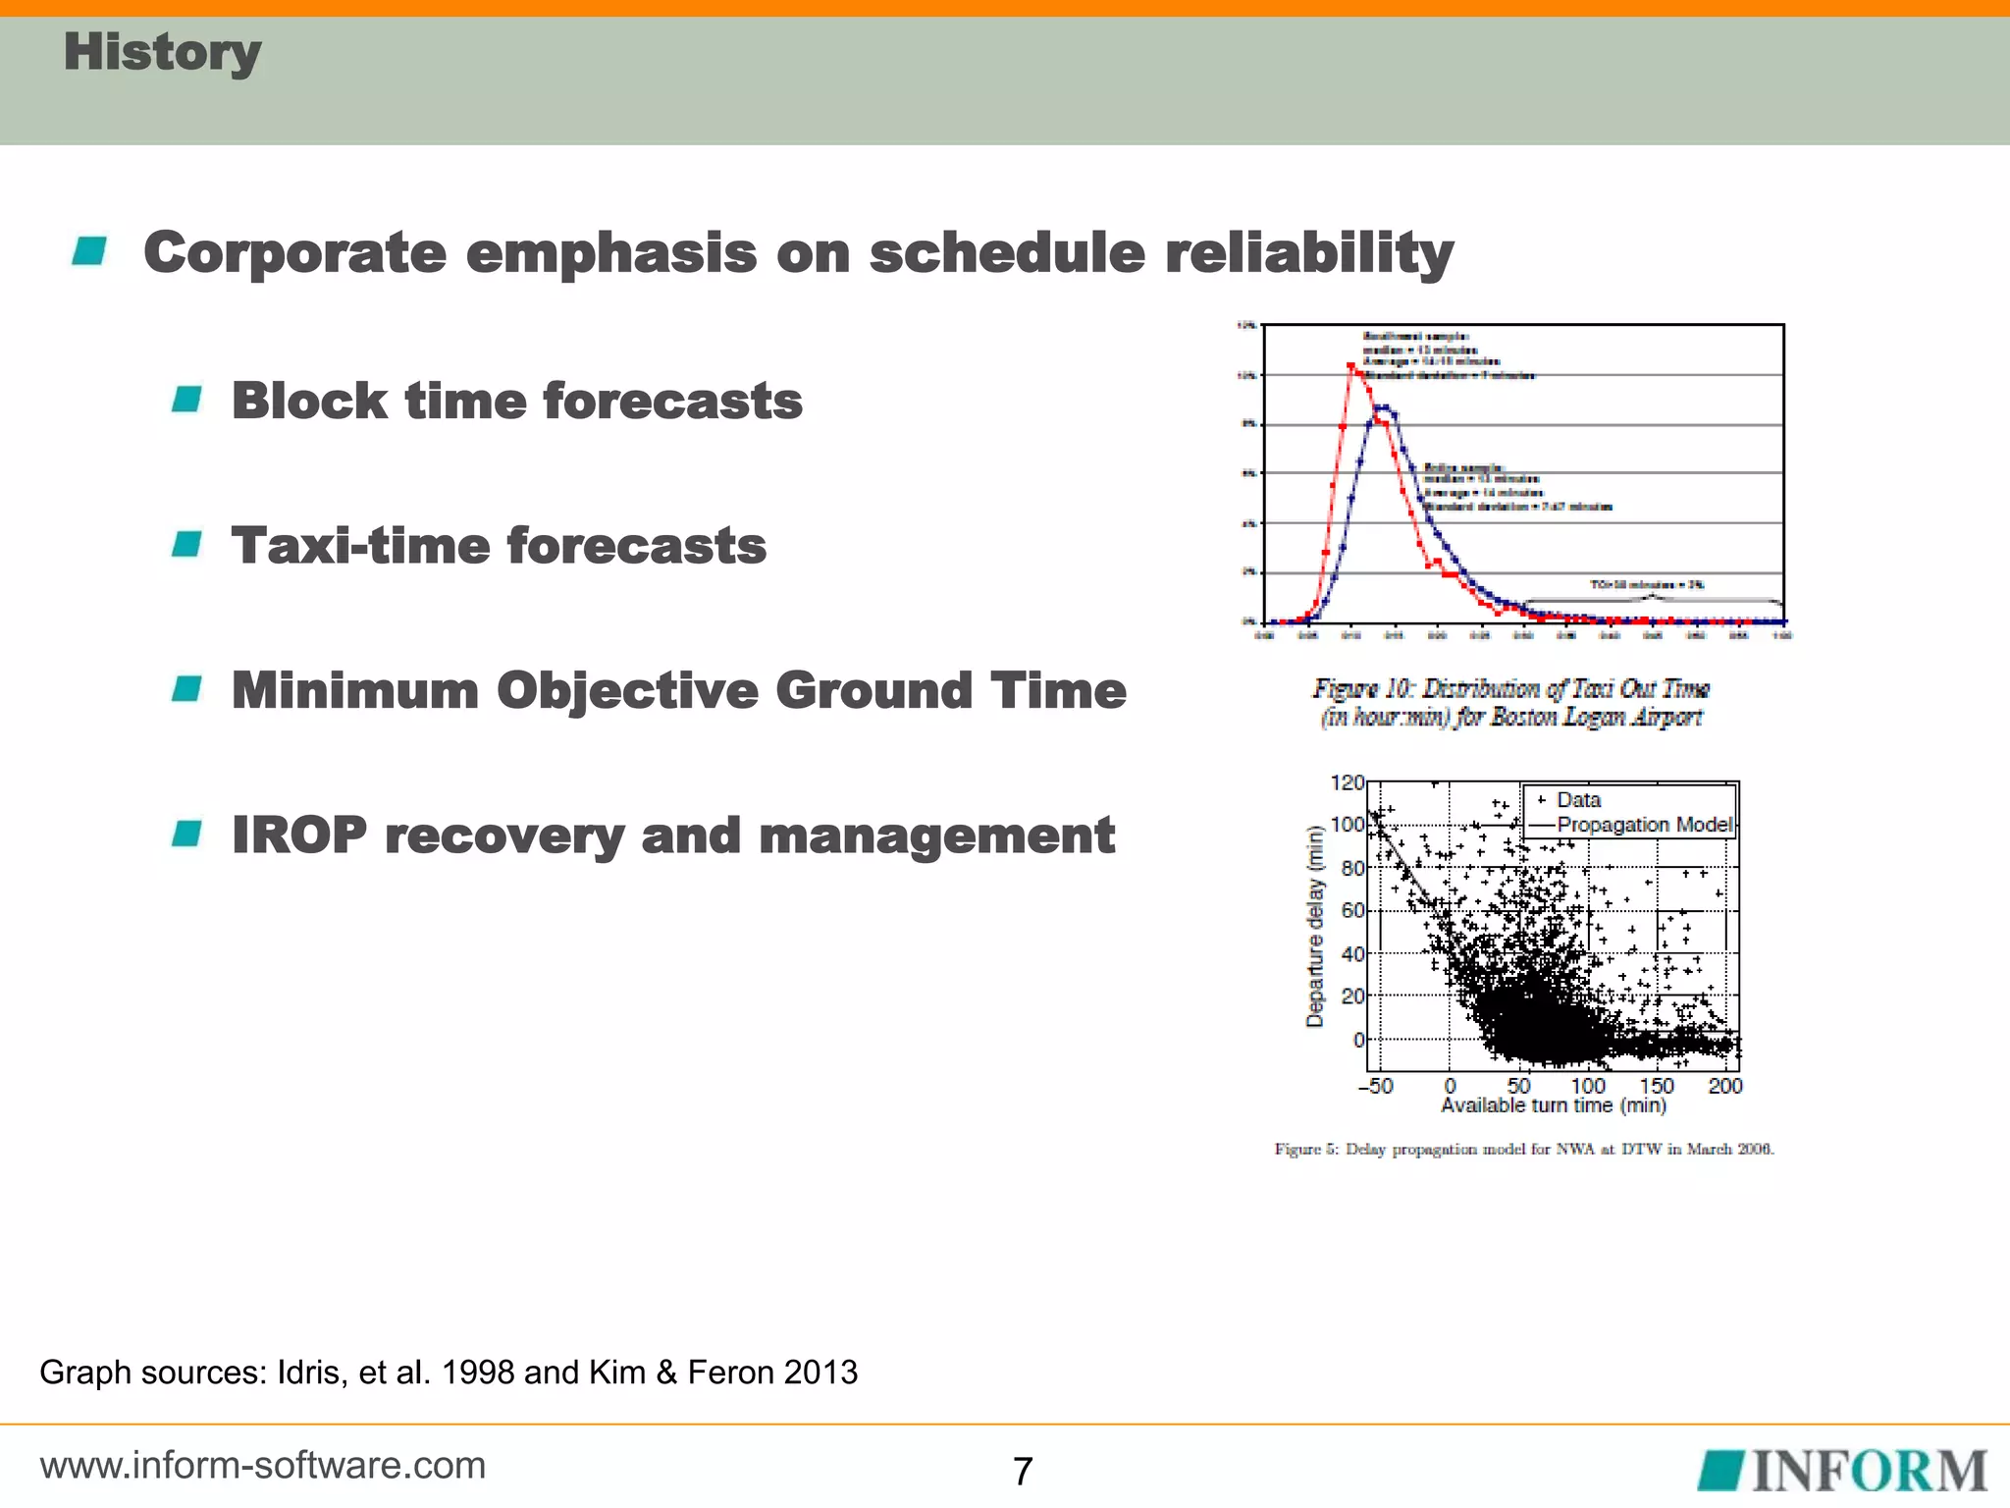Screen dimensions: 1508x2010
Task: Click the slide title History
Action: click(162, 53)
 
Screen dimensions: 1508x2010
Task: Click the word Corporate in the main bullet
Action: click(294, 253)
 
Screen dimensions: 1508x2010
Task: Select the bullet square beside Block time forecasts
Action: click(186, 400)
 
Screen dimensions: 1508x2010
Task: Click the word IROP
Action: click(298, 835)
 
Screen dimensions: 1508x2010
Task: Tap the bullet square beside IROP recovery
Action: click(186, 835)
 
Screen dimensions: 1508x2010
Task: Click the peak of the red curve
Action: click(1351, 366)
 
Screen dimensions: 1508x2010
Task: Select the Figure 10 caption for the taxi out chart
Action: click(1511, 702)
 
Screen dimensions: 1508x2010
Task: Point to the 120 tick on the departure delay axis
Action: click(1347, 783)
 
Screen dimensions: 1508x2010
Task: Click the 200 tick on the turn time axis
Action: click(1724, 1086)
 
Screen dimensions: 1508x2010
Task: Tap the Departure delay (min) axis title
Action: click(1314, 927)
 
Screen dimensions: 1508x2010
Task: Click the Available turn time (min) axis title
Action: click(1553, 1106)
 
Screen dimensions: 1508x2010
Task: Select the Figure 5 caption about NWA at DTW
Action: click(1523, 1150)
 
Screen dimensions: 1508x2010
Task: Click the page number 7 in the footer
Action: click(1023, 1471)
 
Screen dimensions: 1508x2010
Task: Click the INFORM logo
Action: click(1843, 1471)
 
